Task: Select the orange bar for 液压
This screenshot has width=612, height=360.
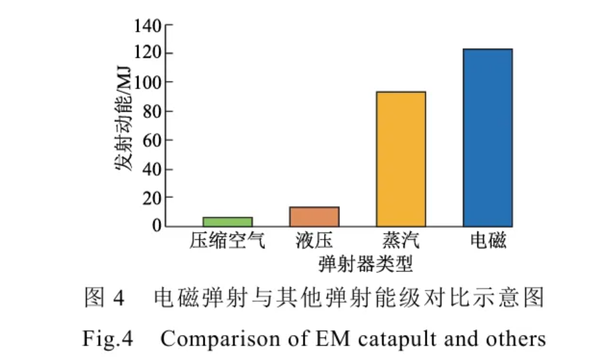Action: click(314, 216)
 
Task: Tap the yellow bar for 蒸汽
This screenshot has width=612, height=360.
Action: click(401, 159)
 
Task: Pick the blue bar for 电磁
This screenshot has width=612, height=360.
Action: click(488, 137)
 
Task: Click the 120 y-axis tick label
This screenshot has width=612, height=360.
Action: click(149, 53)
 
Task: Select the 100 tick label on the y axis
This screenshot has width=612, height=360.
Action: click(149, 83)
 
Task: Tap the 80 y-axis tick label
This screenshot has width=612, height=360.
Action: click(153, 112)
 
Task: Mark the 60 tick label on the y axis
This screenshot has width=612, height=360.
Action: click(153, 141)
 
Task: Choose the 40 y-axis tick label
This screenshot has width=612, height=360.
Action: click(153, 169)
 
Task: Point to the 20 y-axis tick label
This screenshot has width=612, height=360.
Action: click(153, 198)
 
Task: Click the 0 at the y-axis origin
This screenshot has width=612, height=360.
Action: click(157, 225)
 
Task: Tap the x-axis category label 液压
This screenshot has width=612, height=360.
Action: click(314, 241)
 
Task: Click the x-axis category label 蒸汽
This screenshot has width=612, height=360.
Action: click(401, 241)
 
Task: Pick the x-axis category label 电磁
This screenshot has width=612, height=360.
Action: click(488, 241)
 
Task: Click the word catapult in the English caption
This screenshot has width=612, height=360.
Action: click(397, 339)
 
